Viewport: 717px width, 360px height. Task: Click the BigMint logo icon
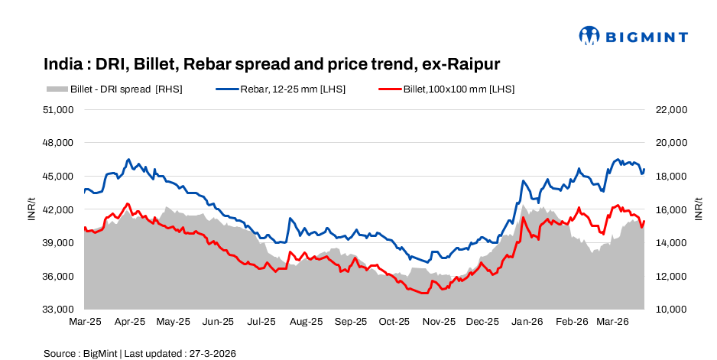pos(589,35)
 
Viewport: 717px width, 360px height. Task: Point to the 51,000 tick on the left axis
pos(57,109)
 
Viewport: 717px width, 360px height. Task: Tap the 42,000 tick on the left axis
pos(57,209)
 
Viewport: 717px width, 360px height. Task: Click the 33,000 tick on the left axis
pos(57,310)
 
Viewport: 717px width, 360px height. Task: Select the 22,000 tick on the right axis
pos(672,109)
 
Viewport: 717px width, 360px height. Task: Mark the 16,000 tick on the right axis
pos(672,209)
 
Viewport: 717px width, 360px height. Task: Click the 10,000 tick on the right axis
pos(672,310)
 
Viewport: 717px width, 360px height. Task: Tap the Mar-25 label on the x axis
pos(85,323)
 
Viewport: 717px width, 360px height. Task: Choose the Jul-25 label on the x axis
pos(261,323)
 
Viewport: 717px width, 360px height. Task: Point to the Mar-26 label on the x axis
pos(614,323)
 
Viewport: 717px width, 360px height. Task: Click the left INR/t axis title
pos(31,209)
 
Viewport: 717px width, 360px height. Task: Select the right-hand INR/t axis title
pos(699,209)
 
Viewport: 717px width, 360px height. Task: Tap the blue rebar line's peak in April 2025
pos(128,160)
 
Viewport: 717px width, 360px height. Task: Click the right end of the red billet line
pos(644,222)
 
